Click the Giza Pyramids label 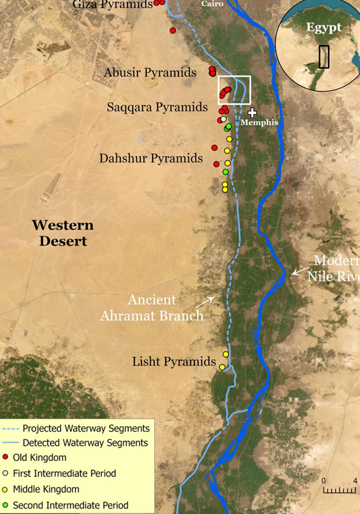[x=113, y=5]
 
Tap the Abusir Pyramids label [x=150, y=72]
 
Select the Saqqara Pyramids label [x=157, y=107]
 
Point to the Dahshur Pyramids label [x=151, y=158]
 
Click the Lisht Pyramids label [x=174, y=361]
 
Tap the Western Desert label [x=63, y=233]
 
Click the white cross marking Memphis [x=252, y=113]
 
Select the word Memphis [x=260, y=123]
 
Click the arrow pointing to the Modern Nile [x=298, y=271]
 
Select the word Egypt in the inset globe [x=324, y=28]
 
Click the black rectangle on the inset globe [x=324, y=57]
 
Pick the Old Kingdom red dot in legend [x=6, y=457]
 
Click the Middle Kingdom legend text [x=46, y=489]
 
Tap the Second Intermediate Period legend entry [x=70, y=505]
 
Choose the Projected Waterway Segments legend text [x=86, y=428]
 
